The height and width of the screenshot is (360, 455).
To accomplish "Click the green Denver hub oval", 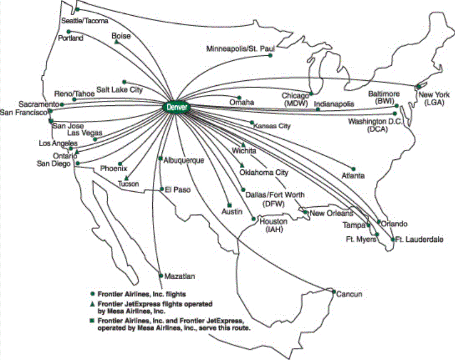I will click(x=177, y=106).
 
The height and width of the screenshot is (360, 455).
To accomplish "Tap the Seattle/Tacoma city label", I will click(x=80, y=21).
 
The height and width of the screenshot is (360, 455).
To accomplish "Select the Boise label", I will click(x=121, y=36).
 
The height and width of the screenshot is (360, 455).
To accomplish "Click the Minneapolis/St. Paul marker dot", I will click(x=270, y=55).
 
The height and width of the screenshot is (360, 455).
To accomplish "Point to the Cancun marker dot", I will click(x=333, y=291).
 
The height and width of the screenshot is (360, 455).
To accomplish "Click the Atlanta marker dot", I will click(x=353, y=169).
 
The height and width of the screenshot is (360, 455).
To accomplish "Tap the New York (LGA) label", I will click(x=434, y=98).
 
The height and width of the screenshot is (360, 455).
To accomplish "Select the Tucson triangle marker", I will click(x=127, y=178).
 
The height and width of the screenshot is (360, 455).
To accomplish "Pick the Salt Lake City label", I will click(x=119, y=89).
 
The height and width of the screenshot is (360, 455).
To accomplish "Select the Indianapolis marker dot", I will click(x=317, y=109).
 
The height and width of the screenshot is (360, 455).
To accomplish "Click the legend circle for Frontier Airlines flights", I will click(x=92, y=293).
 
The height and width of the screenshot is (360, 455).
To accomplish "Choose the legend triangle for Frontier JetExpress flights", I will click(x=92, y=303).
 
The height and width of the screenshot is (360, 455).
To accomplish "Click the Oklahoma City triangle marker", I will click(x=241, y=165).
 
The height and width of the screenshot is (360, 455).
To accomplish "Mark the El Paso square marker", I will click(x=162, y=189).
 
